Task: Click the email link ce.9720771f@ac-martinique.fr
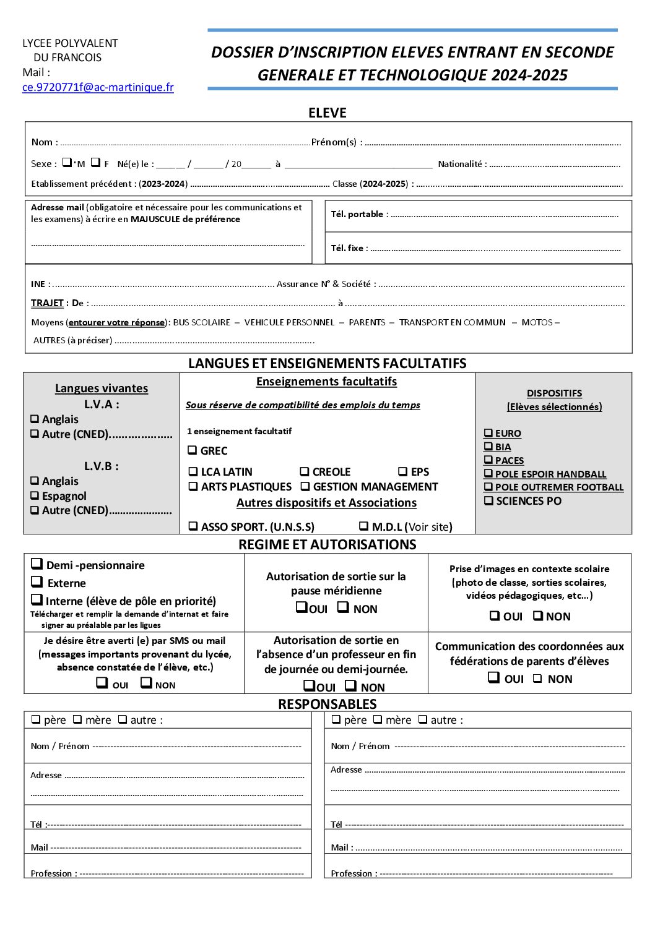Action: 98,87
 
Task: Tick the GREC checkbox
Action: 193,450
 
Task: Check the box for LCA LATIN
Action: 193,471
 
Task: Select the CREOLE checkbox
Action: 305,471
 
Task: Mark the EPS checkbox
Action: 403,471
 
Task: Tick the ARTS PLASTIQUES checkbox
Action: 193,487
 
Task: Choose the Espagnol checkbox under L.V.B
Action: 35,496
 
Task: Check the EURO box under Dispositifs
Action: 488,433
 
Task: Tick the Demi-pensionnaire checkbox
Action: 37,564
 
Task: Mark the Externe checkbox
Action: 37,582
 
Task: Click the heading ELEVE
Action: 327,113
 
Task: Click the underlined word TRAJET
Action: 47,303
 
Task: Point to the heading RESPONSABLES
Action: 327,704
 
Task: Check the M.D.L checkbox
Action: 364,526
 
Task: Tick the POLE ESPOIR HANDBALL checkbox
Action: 488,474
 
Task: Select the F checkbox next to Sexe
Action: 95,163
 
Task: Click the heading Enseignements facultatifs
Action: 326,382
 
